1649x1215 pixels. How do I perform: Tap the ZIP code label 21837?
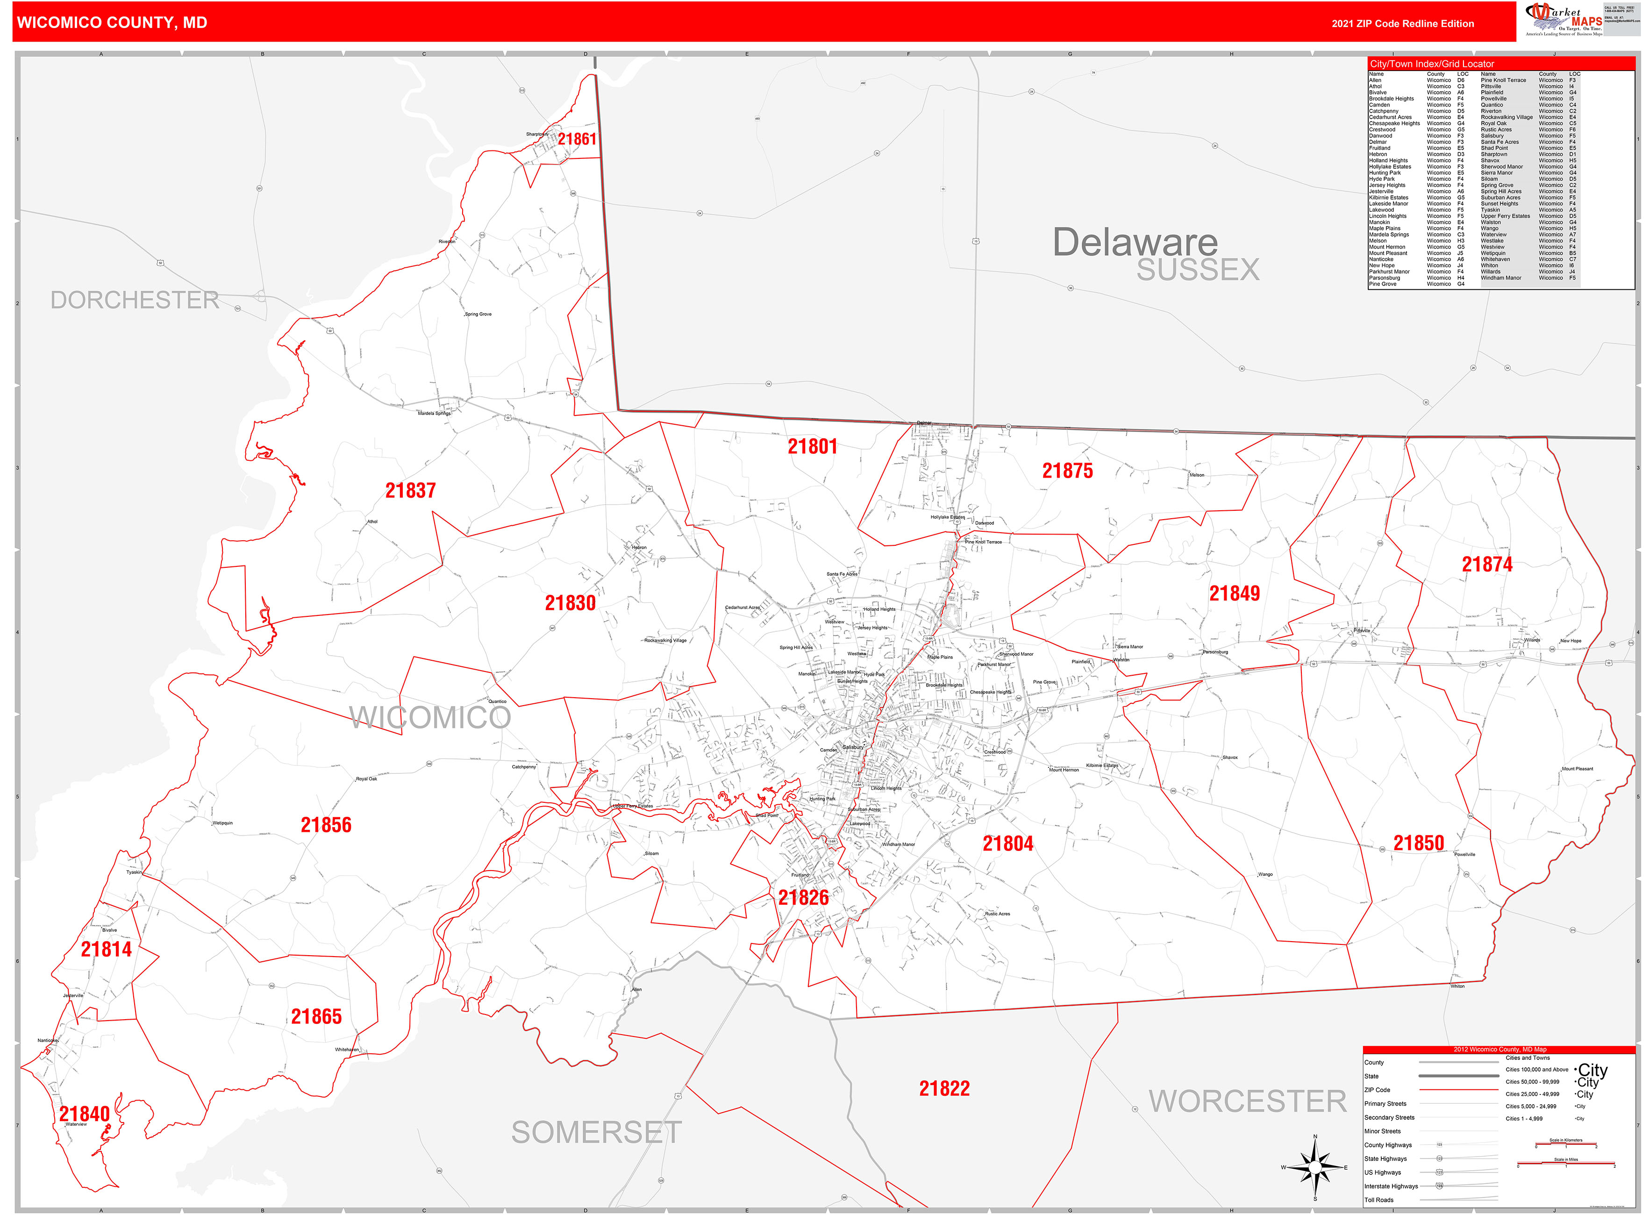tap(410, 491)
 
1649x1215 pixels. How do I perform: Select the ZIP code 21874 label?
tap(1486, 564)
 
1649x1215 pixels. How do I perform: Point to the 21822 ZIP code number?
tap(944, 1088)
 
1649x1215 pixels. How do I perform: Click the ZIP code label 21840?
tap(85, 1114)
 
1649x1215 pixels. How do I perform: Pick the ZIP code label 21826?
tap(803, 897)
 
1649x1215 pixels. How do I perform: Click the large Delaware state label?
tap(1135, 242)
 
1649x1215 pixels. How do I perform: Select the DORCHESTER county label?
tap(135, 300)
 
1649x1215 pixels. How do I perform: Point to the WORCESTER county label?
tap(1248, 1101)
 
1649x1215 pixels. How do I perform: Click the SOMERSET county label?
tap(597, 1133)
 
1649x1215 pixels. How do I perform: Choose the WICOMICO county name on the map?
tap(430, 718)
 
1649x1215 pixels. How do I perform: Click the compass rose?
tap(1315, 1167)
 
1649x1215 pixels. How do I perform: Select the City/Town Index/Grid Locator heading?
tap(1431, 64)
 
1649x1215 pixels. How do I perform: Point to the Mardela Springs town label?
tap(434, 414)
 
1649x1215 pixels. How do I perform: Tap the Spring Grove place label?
tap(478, 314)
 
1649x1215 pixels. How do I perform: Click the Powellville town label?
tap(1464, 855)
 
